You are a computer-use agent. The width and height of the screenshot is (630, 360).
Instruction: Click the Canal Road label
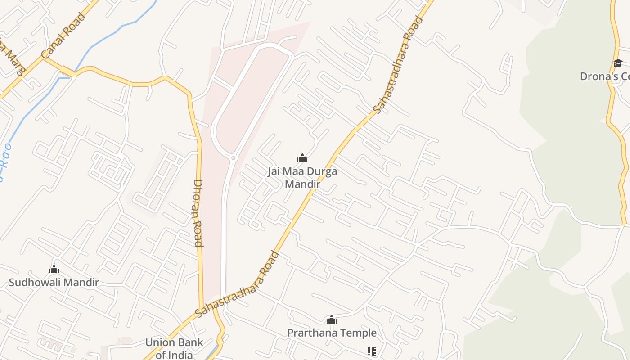point(63,36)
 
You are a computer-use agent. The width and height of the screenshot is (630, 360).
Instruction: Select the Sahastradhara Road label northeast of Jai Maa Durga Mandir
point(399,65)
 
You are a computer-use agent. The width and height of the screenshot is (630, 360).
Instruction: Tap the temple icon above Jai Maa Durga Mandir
point(302,158)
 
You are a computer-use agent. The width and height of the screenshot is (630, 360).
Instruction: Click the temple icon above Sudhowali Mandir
point(54,270)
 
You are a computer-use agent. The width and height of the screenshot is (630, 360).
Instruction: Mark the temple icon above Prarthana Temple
point(332,320)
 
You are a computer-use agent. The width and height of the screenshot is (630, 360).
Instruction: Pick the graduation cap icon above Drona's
point(617,63)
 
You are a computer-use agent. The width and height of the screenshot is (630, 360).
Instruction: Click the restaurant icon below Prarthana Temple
point(371,351)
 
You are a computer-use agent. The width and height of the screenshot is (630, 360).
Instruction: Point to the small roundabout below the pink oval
point(233,158)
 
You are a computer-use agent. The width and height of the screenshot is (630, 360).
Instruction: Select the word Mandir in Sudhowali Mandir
point(82,283)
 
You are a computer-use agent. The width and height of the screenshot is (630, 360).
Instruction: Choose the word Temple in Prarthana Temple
point(359,333)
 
